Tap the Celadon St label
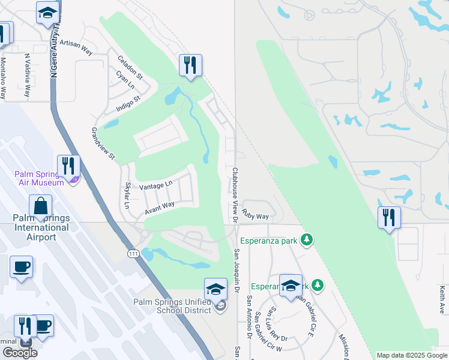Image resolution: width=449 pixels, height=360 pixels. click(x=130, y=68)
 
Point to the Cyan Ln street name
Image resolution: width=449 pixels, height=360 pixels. click(x=125, y=81)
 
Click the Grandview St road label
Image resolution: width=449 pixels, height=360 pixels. click(x=103, y=143)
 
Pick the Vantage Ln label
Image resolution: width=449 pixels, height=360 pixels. click(x=155, y=185)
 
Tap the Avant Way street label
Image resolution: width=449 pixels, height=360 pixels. click(x=159, y=208)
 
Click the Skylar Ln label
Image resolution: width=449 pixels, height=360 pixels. click(x=127, y=196)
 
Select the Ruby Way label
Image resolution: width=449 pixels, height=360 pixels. click(x=255, y=214)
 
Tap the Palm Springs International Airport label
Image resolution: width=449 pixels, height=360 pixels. click(x=41, y=227)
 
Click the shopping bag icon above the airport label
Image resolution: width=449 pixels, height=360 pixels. click(x=40, y=205)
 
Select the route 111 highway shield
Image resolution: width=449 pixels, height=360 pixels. click(x=134, y=254)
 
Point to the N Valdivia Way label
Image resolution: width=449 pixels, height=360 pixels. click(x=27, y=76)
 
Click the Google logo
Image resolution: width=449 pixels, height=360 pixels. click(x=20, y=352)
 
